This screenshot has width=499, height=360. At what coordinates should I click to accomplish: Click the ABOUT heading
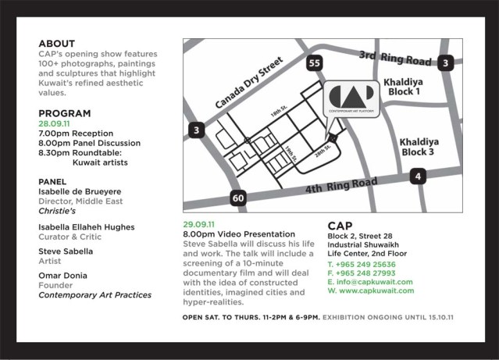(57, 44)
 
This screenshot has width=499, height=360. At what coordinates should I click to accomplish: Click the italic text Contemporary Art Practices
(95, 294)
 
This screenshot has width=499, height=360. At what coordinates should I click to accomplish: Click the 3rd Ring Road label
(394, 57)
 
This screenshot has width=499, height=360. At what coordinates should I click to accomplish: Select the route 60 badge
(238, 198)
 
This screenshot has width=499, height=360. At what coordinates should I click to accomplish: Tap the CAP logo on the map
(351, 98)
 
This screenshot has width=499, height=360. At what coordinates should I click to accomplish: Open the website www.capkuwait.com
(371, 290)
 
